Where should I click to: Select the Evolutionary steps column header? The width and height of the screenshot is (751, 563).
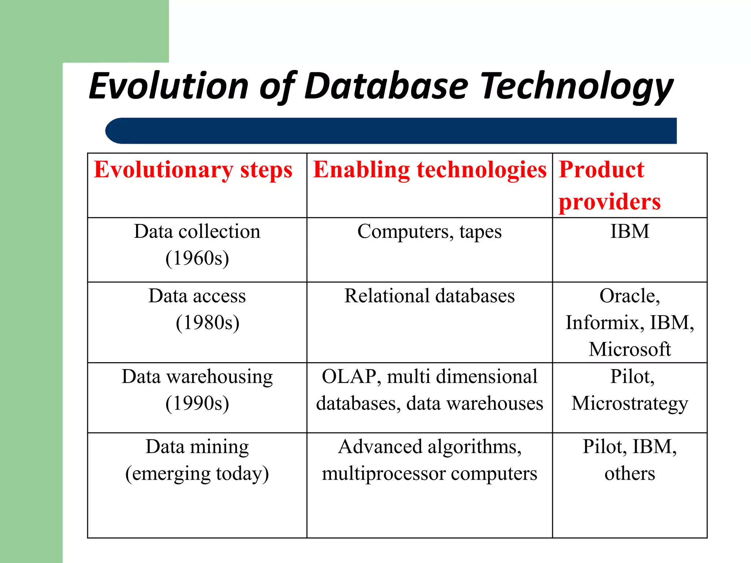[193, 170]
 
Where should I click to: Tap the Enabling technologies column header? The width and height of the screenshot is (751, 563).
[429, 170]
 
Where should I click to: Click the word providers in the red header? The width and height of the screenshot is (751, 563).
[609, 202]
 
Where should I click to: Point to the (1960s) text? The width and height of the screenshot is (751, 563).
[197, 258]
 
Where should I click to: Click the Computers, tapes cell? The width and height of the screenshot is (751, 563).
[429, 232]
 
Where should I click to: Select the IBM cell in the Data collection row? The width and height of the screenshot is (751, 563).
[630, 232]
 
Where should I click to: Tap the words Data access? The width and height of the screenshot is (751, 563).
[197, 296]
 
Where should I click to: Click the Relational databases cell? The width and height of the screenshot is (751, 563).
[429, 296]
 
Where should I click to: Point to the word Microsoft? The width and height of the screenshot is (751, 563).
[630, 349]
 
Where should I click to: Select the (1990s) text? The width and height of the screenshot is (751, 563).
[197, 403]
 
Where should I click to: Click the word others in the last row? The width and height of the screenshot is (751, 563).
[630, 474]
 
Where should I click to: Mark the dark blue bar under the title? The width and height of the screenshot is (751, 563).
[391, 131]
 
